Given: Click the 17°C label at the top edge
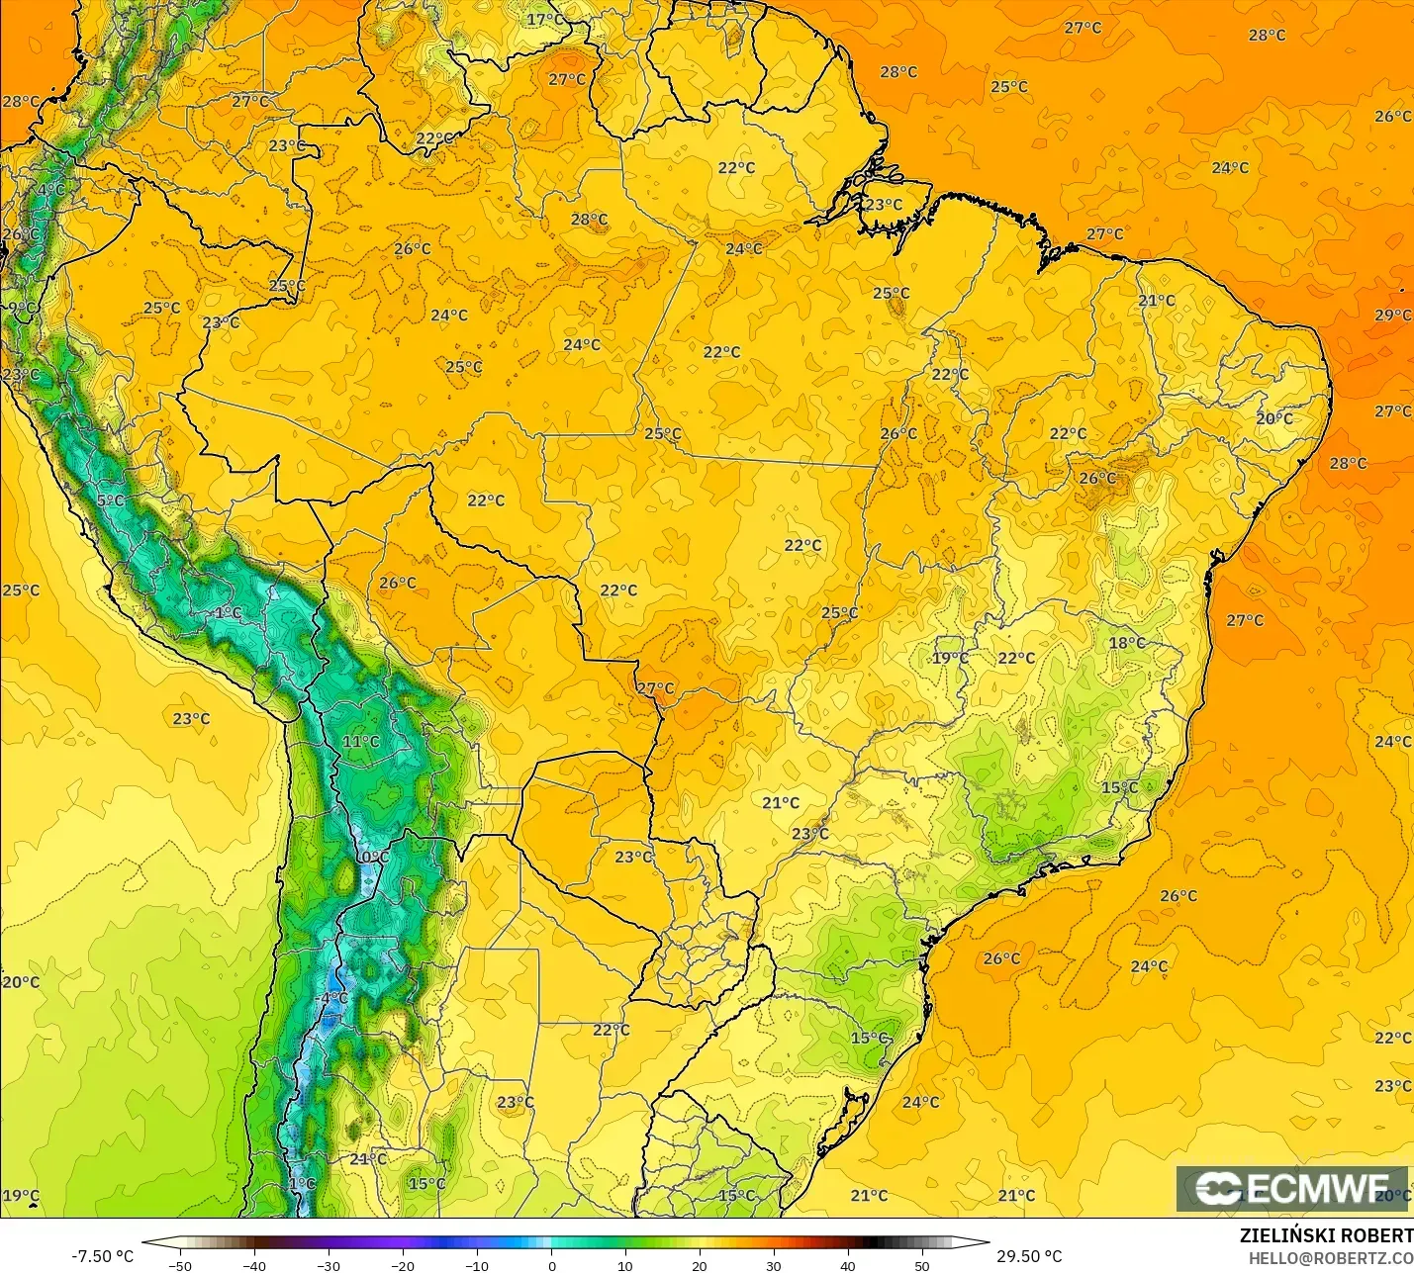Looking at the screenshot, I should [x=545, y=20].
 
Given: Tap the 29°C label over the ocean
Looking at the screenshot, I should [x=1392, y=315].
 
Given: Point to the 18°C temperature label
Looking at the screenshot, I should [x=1126, y=643].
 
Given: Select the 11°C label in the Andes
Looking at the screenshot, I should [x=360, y=742].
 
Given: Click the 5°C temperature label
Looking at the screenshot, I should [x=111, y=501].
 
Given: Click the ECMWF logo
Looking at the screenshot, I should [x=1291, y=1188].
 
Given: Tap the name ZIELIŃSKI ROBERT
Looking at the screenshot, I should [x=1326, y=1235].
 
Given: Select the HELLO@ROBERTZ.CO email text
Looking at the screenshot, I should [x=1330, y=1258].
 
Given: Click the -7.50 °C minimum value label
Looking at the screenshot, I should [x=102, y=1256].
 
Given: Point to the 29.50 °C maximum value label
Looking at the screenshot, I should [x=1029, y=1256].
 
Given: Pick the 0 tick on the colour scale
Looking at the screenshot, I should [x=551, y=1265].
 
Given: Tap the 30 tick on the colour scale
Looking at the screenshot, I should [x=774, y=1265].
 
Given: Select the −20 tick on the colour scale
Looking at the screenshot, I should [x=402, y=1265].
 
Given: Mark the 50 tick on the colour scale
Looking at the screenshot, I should [x=922, y=1265].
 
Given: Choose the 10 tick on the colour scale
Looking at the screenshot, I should [x=625, y=1265].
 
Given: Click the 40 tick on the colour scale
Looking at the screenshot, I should [x=848, y=1265].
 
